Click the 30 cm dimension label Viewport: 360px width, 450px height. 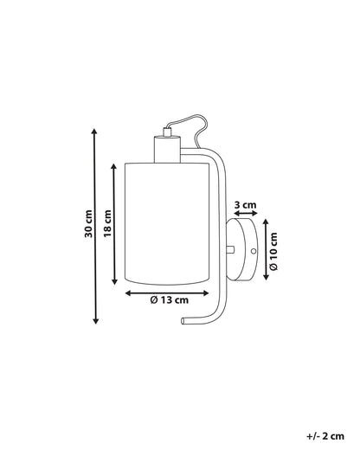(89, 223)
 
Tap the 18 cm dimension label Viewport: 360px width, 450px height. (107, 223)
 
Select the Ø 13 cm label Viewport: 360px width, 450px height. (170, 300)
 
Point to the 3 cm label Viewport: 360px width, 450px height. (245, 205)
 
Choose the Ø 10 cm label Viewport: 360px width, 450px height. (273, 251)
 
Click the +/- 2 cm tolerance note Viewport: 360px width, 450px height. (325, 436)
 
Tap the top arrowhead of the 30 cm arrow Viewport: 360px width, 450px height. (94, 132)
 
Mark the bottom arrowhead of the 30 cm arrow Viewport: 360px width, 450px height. (96, 320)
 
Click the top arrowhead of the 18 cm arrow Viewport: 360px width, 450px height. (114, 166)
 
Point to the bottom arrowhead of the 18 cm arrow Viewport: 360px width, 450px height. (114, 281)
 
